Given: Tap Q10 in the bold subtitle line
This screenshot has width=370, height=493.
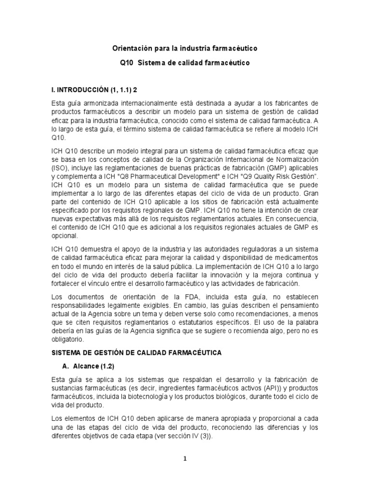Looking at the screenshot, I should tap(127, 63).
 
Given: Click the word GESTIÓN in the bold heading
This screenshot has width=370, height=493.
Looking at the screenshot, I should tap(106, 353).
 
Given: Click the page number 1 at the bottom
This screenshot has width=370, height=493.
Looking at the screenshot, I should tap(185, 459).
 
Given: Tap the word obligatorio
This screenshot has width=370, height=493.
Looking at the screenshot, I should tap(67, 339).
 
